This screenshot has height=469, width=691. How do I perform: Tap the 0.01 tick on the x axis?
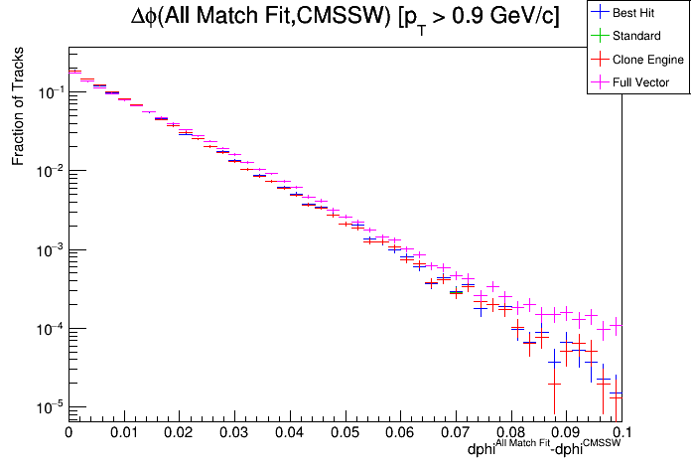pyautogui.click(x=124, y=433)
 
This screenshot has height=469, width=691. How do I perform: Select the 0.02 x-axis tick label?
pyautogui.click(x=179, y=433)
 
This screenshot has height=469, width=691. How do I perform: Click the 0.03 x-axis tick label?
pyautogui.click(x=234, y=433)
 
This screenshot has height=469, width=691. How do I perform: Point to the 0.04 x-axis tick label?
pyautogui.click(x=290, y=433)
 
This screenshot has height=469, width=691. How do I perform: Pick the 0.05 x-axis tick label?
pyautogui.click(x=345, y=433)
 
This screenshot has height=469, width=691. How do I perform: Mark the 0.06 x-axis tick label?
pyautogui.click(x=400, y=433)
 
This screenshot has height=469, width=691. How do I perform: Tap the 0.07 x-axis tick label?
pyautogui.click(x=456, y=433)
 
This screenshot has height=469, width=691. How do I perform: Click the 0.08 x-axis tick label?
pyautogui.click(x=511, y=433)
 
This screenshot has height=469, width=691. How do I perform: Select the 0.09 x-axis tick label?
pyautogui.click(x=567, y=433)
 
